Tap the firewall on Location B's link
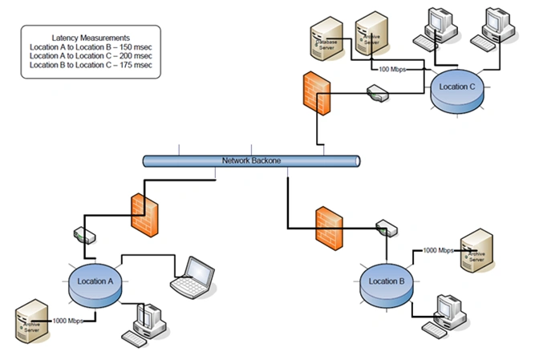pos(330,228)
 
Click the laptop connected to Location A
pos(195,275)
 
